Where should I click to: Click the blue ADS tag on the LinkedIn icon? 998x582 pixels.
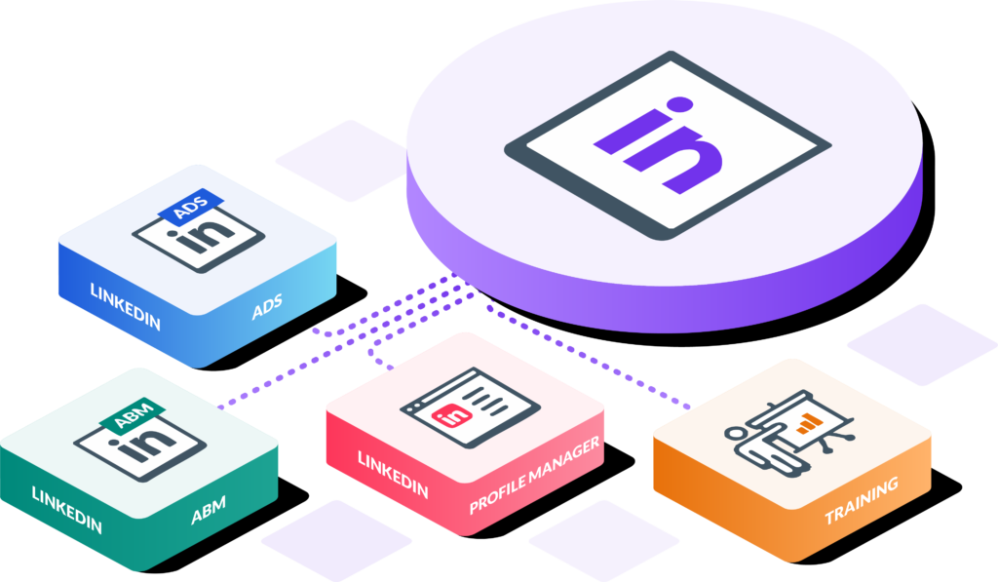[x=191, y=207]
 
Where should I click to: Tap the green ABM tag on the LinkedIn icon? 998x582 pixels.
[x=133, y=416]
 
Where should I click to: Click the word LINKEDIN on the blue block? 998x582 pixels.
[x=126, y=307]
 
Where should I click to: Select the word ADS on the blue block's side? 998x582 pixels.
[x=267, y=306]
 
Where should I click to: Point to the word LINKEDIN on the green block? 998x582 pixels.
[x=67, y=510]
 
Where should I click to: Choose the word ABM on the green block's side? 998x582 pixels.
[x=209, y=510]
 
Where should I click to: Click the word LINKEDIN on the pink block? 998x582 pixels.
[x=393, y=475]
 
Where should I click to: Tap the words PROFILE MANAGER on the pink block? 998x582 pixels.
[x=535, y=475]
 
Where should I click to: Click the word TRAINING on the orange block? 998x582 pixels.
[x=862, y=500]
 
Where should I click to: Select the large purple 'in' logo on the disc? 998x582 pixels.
[x=659, y=144]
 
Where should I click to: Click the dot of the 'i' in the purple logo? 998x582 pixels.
[x=678, y=104]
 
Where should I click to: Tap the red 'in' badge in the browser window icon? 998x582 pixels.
[x=452, y=416]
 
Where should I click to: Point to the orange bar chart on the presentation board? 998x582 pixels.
[x=807, y=423]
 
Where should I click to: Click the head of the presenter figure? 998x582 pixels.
[x=735, y=434]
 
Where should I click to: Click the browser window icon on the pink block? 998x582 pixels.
[x=470, y=407]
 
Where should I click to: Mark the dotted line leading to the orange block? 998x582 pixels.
[x=586, y=357]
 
